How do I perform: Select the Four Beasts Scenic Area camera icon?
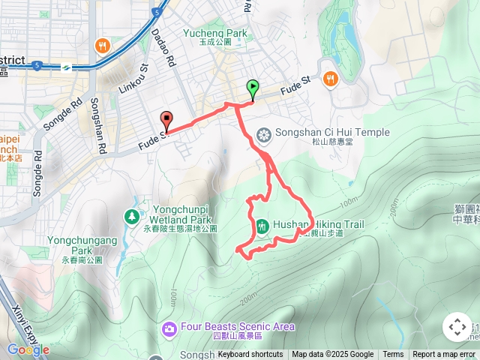(169, 328)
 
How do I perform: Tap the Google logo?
(28, 349)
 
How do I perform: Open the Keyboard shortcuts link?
(250, 355)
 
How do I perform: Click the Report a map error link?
(445, 355)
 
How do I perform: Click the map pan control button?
(457, 327)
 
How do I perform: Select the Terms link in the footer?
(393, 355)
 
